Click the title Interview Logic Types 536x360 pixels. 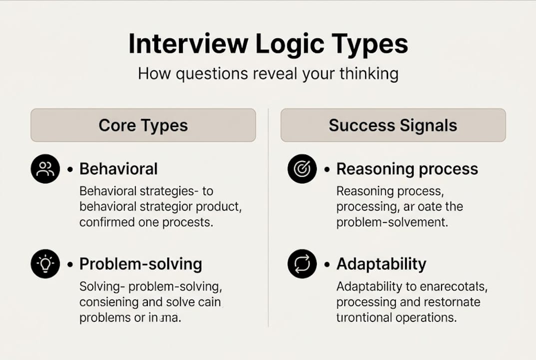coord(268,44)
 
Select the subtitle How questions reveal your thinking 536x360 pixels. coord(268,74)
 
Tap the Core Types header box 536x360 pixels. coord(143,125)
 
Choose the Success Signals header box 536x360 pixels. coord(393,125)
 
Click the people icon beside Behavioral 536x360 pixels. coord(45,169)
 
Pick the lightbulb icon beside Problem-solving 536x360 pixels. coord(45,263)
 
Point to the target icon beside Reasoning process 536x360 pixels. coord(302,169)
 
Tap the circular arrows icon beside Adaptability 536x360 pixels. coord(302,263)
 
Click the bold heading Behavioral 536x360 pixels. coord(118,169)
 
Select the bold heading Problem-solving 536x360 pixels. coord(140,263)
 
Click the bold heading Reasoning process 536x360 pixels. coord(407,169)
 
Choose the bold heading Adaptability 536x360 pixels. coord(381,263)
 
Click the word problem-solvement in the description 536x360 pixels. coord(392,222)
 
